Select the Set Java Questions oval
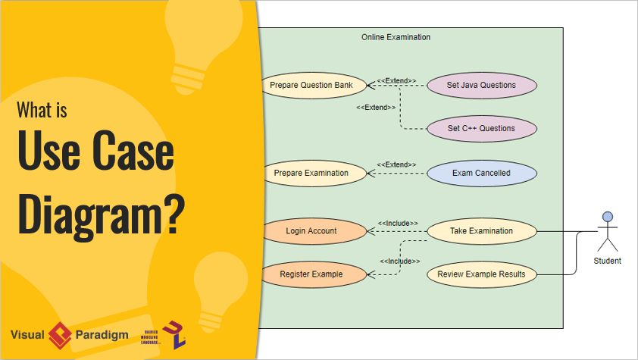pyautogui.click(x=481, y=85)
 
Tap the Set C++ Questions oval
pyautogui.click(x=481, y=128)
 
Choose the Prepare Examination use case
pyautogui.click(x=311, y=173)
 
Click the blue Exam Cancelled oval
pyautogui.click(x=481, y=173)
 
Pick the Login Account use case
pyautogui.click(x=311, y=230)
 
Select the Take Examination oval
pyautogui.click(x=481, y=230)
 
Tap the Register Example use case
pyautogui.click(x=311, y=274)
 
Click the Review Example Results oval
pyautogui.click(x=481, y=274)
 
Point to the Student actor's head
pyautogui.click(x=607, y=217)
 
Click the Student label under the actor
pyautogui.click(x=607, y=261)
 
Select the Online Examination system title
pyautogui.click(x=396, y=37)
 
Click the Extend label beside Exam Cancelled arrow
pyautogui.click(x=396, y=164)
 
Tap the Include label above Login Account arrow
pyautogui.click(x=397, y=223)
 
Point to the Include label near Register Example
pyautogui.click(x=399, y=261)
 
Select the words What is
pyautogui.click(x=42, y=111)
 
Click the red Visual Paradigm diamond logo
pyautogui.click(x=60, y=334)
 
